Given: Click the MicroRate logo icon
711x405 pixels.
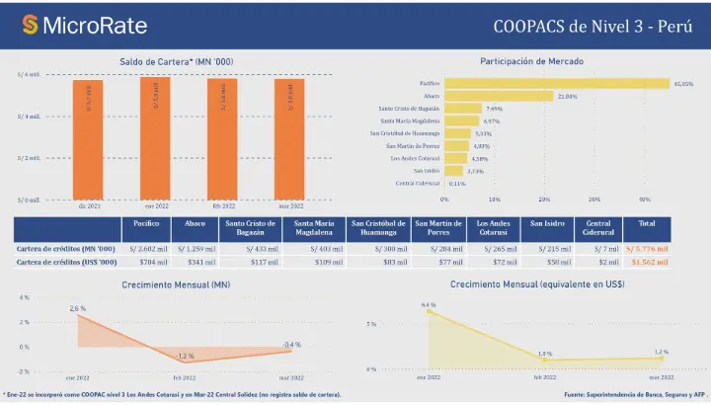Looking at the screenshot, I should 31,24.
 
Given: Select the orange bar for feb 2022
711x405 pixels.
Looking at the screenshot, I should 222,138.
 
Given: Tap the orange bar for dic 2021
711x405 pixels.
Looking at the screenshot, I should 88,138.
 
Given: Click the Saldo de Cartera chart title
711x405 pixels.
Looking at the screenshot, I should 183,61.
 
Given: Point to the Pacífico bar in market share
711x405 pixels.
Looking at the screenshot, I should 556,84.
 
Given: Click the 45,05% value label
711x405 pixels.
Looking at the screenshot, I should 682,84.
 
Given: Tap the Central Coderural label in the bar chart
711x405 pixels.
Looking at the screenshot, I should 417,183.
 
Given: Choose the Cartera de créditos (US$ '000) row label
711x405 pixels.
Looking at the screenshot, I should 63,264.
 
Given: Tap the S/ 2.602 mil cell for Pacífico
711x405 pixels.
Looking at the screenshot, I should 141,248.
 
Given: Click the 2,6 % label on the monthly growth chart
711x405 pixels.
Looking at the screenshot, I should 78,308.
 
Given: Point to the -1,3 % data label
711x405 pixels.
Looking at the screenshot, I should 184,356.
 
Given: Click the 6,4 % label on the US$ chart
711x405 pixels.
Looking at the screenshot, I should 429,305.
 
